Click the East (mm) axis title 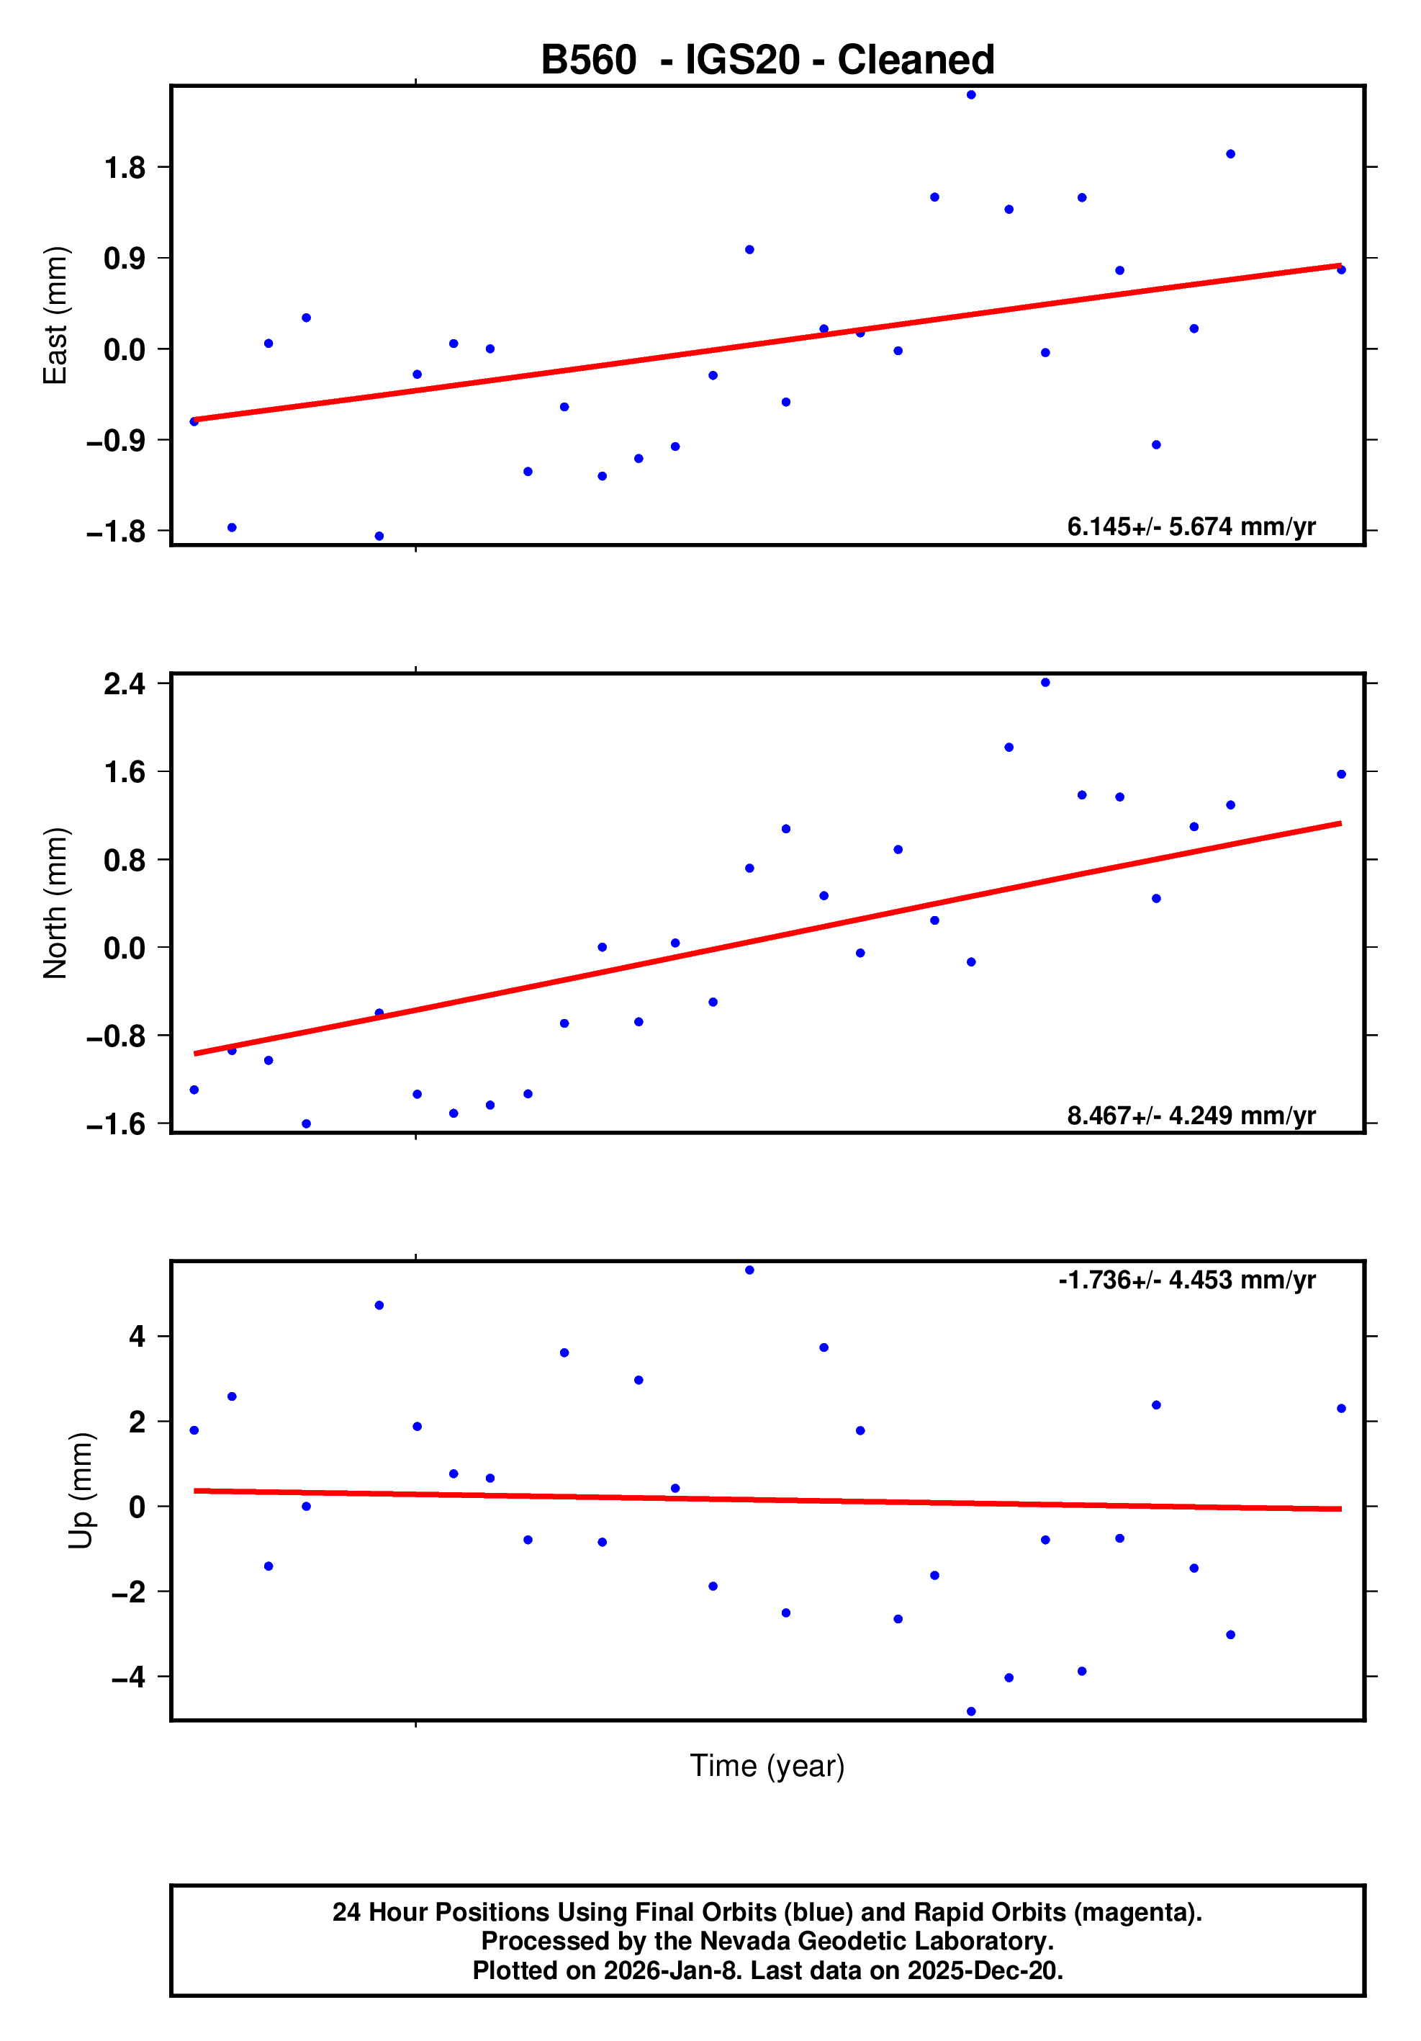point(55,315)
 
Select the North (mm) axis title point(55,902)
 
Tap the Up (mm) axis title point(81,1490)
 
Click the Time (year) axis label point(767,1765)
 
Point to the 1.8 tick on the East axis point(125,167)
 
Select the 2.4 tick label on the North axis point(125,683)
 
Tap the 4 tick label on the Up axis point(137,1336)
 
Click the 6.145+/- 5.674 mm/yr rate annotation point(1191,527)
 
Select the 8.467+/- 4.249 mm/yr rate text point(1191,1116)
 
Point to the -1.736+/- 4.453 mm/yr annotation point(1186,1280)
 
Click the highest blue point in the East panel point(971,95)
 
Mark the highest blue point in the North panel point(1045,683)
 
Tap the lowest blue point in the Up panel point(971,1711)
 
